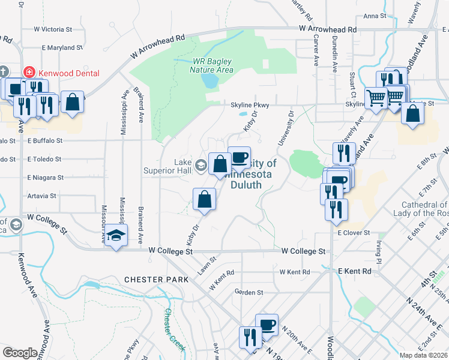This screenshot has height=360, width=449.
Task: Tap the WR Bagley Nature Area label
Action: [212, 65]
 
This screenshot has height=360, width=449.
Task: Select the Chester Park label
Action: [151, 280]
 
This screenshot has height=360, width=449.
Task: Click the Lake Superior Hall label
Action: [182, 166]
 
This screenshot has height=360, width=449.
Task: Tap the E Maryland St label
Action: [62, 47]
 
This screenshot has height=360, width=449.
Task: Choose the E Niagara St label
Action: [45, 178]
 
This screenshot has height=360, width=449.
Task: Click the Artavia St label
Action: [41, 196]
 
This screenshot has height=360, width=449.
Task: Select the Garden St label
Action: [249, 292]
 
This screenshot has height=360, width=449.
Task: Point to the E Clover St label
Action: [354, 232]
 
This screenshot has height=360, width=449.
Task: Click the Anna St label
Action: [374, 16]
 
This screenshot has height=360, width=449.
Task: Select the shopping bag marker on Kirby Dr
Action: [205, 200]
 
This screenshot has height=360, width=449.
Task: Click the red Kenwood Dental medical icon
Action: [28, 73]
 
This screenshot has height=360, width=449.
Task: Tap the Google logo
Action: [19, 353]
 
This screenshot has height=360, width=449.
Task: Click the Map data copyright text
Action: [423, 355]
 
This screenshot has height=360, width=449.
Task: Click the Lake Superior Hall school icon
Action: [200, 163]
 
